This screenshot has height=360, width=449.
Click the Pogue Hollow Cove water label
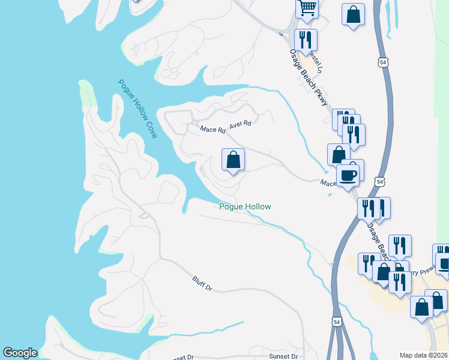tap(137, 109)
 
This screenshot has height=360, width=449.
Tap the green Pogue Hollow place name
tap(244, 206)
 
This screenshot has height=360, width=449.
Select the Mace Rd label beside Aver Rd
tap(212, 129)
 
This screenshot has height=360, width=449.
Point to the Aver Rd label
tap(240, 123)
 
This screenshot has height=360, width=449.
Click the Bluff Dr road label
tap(202, 283)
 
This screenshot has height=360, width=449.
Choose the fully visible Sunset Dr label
tap(283, 356)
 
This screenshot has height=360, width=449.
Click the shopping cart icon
tap(307, 8)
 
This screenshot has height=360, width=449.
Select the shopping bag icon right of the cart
tap(353, 14)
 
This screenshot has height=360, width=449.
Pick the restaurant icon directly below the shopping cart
tap(306, 40)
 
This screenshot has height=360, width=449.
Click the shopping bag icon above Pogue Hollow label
tap(233, 160)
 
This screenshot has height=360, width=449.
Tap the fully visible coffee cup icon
tap(348, 175)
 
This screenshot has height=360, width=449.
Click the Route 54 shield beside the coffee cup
tap(379, 181)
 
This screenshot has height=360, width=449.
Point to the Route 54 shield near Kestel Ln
tap(383, 62)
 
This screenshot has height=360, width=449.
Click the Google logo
tap(20, 353)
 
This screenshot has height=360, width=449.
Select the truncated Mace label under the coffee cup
tap(328, 183)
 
